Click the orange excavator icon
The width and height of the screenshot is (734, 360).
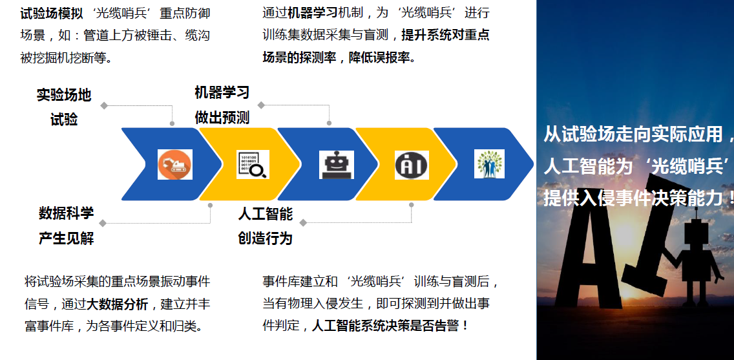175,164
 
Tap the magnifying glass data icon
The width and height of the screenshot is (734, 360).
253,164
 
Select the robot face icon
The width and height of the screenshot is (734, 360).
337,164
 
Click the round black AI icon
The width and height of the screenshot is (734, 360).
412,165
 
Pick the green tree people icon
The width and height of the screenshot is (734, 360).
489,164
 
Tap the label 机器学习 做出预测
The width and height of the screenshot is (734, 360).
222,105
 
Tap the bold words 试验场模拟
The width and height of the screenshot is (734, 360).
52,13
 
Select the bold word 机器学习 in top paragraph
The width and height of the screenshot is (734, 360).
313,13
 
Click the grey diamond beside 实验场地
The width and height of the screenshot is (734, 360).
104,106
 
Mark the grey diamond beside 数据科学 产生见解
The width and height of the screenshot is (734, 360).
103,223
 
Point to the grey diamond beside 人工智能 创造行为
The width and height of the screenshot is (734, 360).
303,222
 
